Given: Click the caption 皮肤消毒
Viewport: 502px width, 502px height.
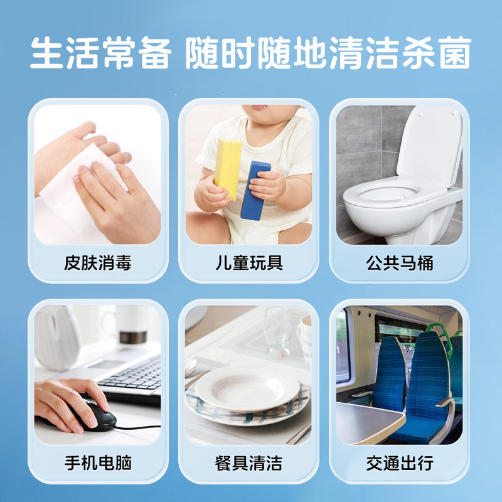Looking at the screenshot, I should pos(98,262).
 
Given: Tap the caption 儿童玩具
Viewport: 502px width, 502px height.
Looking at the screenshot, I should pos(249,262).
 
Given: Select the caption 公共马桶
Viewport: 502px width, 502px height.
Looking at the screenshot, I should pos(400,262).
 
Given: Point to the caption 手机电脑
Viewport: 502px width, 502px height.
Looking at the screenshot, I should pos(98,464).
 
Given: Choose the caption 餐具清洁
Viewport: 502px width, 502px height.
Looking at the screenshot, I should pos(249,464).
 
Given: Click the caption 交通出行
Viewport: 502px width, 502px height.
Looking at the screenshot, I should pos(400,464).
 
